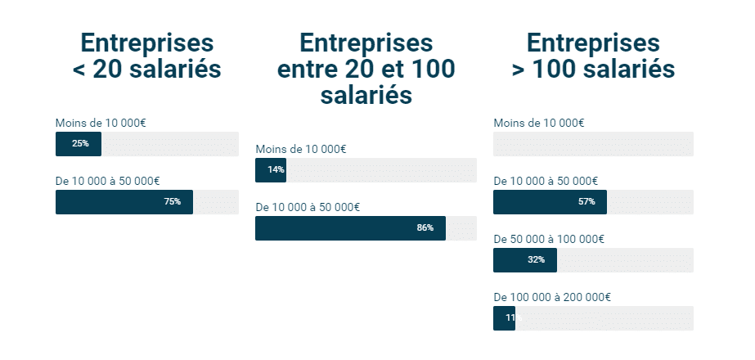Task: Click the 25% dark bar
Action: pos(78,144)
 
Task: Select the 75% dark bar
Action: pos(124,202)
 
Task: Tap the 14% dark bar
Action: pos(270,170)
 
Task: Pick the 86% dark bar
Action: pos(349,228)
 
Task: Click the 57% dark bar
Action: pos(549,202)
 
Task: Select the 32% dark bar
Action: pos(524,260)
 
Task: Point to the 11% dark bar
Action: pos(504,318)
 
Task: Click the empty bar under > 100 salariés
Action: pos(593,144)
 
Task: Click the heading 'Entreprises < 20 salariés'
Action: pos(146,56)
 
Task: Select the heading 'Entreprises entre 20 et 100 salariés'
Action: pos(366,69)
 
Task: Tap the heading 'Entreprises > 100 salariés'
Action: pos(593,56)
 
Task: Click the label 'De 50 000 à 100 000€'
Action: pos(548,239)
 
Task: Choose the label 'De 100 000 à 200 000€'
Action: pos(551,297)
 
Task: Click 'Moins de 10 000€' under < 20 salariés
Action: pos(101,123)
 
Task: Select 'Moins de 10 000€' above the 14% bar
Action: pos(300,149)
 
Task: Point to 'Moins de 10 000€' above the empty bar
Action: pos(538,123)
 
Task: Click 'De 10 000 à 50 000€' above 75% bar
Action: pos(107,181)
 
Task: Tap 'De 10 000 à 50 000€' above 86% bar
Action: pos(307,207)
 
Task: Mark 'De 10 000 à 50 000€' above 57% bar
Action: pos(545,181)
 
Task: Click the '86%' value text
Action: pos(425,228)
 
